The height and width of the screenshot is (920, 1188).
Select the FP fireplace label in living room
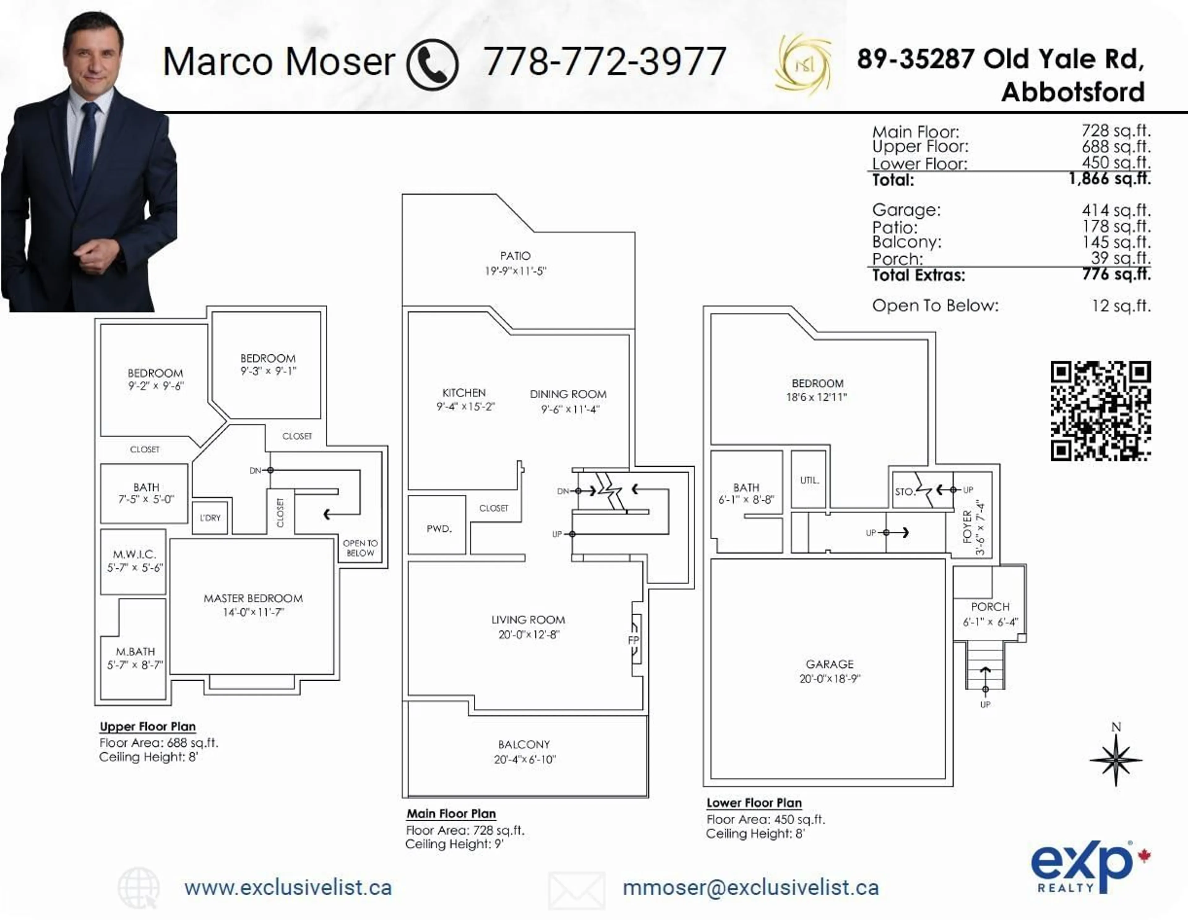(x=633, y=640)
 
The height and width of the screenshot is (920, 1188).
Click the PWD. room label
(x=438, y=528)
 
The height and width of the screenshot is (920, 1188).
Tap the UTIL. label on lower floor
(x=809, y=480)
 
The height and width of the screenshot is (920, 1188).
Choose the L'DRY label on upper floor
(x=210, y=518)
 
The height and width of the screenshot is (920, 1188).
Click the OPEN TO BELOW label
(x=360, y=548)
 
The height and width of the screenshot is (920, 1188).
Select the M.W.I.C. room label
(x=134, y=554)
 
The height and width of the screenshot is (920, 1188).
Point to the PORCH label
(x=990, y=607)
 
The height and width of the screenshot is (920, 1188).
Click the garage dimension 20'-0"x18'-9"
(x=829, y=678)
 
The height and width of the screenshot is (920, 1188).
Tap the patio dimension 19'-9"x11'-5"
(x=515, y=271)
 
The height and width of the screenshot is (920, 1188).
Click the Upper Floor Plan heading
(x=147, y=726)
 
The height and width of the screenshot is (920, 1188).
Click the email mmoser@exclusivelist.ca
(x=750, y=888)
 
